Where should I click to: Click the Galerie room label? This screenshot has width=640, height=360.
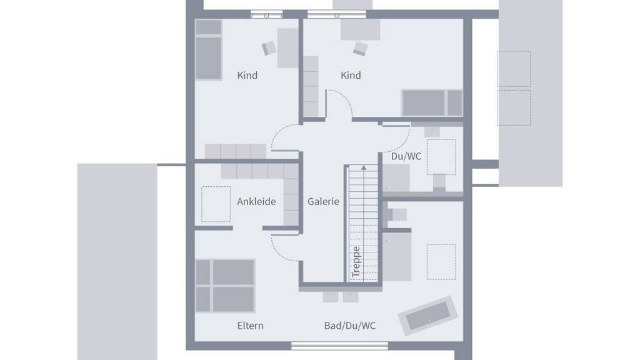tap(323, 202)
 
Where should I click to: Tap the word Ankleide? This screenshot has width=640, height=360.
tap(256, 202)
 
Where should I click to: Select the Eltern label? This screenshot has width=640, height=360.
tap(250, 326)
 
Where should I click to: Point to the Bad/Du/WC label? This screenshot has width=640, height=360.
tap(350, 326)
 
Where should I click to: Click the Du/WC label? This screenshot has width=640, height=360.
tap(406, 156)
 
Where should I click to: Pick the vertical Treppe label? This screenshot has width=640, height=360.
tap(356, 262)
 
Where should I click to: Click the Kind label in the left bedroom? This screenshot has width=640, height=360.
tap(247, 76)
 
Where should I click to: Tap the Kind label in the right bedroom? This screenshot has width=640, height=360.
tap(351, 76)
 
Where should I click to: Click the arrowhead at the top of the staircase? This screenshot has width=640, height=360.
tap(364, 167)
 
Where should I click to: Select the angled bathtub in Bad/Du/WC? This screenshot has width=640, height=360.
tap(427, 315)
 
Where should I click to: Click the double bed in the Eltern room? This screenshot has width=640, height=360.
tap(225, 286)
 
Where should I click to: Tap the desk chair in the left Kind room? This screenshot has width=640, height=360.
tap(269, 47)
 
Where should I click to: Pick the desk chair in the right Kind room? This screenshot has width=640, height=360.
tap(361, 48)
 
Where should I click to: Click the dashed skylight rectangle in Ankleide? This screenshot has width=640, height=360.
tap(216, 204)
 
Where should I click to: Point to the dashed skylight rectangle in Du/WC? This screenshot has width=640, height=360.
tap(441, 157)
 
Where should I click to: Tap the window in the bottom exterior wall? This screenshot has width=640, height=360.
tap(339, 346)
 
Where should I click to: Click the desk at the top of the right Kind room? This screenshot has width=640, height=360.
tap(361, 29)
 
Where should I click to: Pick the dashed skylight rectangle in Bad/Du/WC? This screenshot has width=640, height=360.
tap(441, 262)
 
